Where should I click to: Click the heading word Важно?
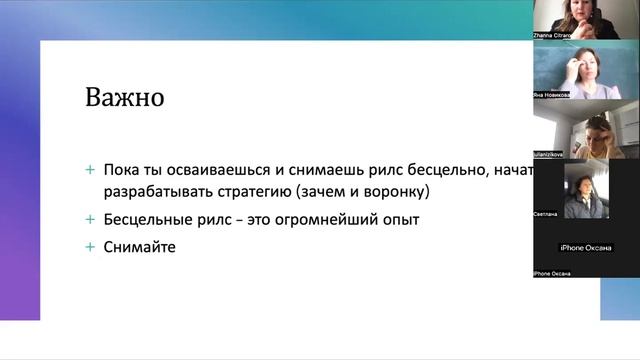[x=124, y=100]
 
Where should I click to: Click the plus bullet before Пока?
[x=91, y=170]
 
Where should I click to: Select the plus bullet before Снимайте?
[x=91, y=246]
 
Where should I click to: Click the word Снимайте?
[x=139, y=246]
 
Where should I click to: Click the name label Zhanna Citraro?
[x=556, y=36]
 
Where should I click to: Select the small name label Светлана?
[x=547, y=214]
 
